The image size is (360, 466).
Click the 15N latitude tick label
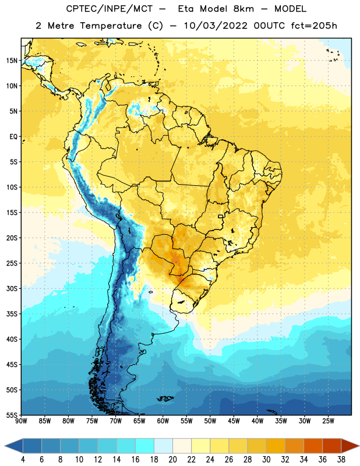(12, 61)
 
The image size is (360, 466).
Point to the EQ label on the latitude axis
(13, 137)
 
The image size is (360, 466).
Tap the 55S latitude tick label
(12, 415)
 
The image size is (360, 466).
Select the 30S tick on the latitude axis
(12, 288)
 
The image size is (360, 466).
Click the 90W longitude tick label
(21, 421)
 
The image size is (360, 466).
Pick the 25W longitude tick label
(328, 421)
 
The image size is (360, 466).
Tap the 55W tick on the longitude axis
(186, 421)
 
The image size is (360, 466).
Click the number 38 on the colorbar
(341, 460)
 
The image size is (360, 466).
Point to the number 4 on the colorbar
(23, 460)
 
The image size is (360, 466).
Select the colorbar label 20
(172, 460)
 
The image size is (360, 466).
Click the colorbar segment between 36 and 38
(332, 447)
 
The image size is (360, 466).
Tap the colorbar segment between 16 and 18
(145, 447)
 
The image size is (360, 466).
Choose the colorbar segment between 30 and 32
(276, 447)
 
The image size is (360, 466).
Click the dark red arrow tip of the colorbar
(358, 447)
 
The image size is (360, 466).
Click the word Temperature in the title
(111, 26)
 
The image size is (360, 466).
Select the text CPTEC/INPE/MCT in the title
(109, 9)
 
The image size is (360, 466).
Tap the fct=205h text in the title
(314, 26)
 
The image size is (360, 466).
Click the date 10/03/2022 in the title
(216, 26)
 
